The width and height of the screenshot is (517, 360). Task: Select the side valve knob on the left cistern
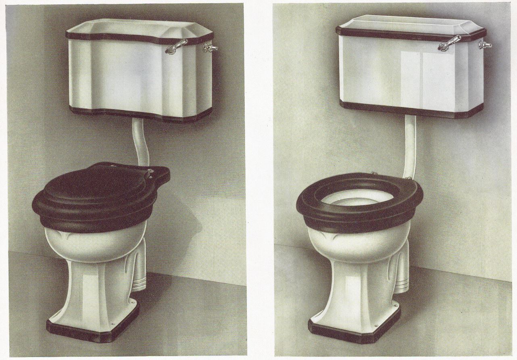pyautogui.click(x=210, y=48)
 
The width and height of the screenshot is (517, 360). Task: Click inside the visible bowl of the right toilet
pyautogui.click(x=355, y=200)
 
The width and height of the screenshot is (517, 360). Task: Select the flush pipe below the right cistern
pyautogui.click(x=409, y=145)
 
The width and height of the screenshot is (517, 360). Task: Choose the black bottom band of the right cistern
pyautogui.click(x=411, y=110)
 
